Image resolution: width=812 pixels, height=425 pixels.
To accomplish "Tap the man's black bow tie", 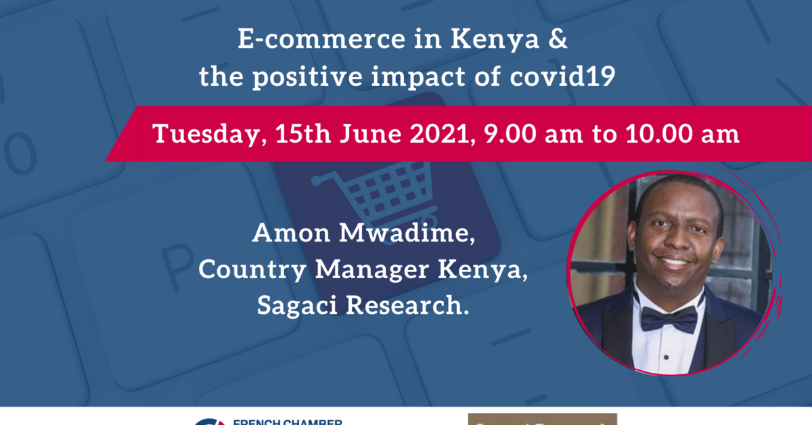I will pyautogui.click(x=669, y=317).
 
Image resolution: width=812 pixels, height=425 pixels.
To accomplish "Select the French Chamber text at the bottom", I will pyautogui.click(x=287, y=421).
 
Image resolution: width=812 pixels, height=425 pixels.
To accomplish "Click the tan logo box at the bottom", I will pyautogui.click(x=542, y=419).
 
